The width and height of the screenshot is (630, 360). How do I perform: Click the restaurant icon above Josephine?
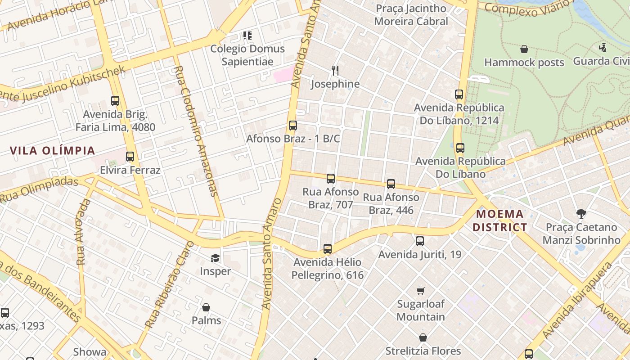point(335,70)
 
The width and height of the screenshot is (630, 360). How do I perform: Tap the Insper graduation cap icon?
point(215,258)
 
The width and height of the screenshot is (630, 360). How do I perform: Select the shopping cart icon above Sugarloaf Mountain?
point(420,291)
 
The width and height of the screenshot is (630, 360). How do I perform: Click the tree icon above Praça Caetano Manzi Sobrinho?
point(581,214)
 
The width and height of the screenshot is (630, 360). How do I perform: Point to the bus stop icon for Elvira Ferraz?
point(130,157)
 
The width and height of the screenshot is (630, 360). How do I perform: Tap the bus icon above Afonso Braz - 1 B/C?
point(293,126)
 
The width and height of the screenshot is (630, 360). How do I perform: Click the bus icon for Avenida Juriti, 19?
point(420,241)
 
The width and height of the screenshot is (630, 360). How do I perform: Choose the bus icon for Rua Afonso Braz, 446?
point(391,184)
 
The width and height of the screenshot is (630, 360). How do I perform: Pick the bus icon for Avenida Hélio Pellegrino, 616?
point(328,249)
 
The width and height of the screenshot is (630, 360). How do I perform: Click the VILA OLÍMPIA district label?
point(53,151)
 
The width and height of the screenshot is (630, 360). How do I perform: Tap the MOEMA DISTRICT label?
point(499,220)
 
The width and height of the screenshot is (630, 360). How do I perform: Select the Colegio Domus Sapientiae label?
point(247,55)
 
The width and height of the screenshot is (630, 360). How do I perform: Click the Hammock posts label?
point(524,63)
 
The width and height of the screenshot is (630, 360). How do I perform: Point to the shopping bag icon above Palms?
point(206,307)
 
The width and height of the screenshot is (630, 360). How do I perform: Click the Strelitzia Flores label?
point(423,351)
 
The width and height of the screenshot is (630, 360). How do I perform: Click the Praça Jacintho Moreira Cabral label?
point(411,15)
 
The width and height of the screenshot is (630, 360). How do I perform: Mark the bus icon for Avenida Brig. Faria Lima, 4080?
point(115,101)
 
